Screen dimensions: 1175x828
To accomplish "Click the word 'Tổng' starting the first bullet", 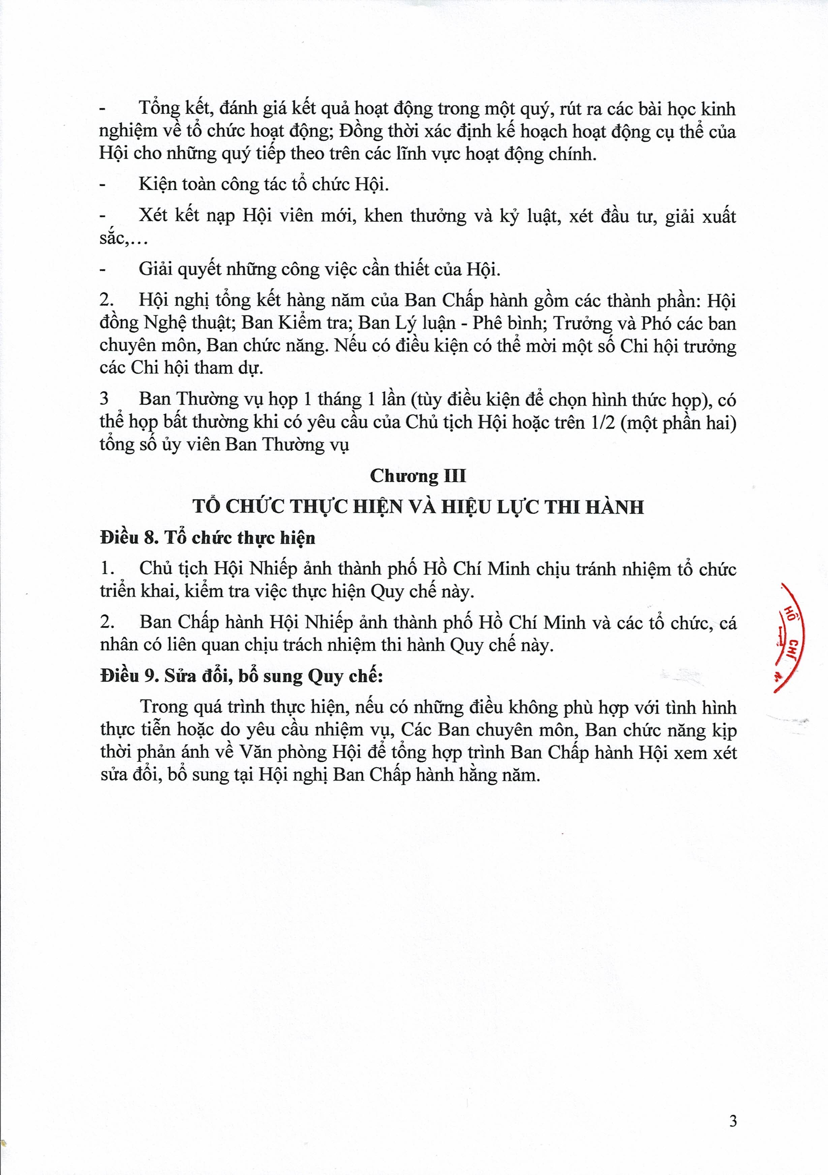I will point(159,109).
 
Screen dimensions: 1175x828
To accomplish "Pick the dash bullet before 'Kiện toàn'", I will point(102,185).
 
